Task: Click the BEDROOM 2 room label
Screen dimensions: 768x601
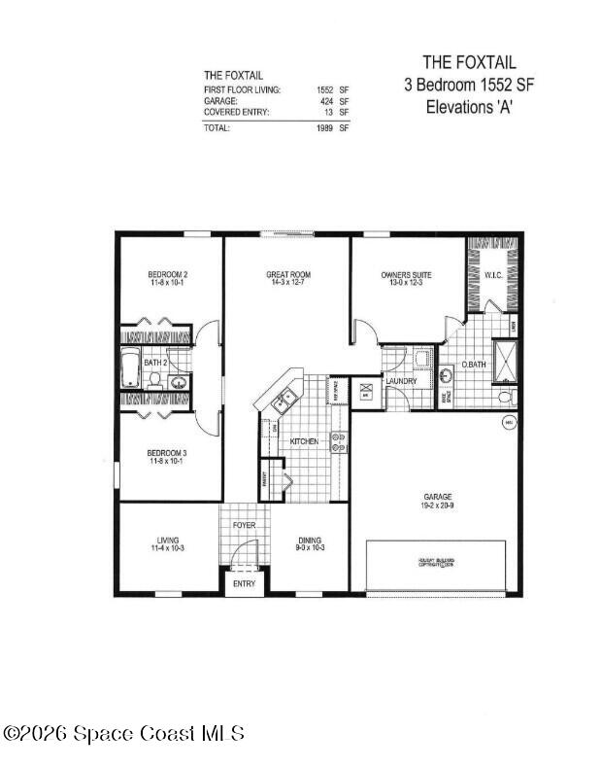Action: (x=168, y=275)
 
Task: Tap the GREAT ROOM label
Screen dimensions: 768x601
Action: (x=288, y=275)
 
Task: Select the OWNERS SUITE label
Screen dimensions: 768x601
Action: (x=406, y=275)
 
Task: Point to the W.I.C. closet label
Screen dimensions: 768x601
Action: (x=493, y=275)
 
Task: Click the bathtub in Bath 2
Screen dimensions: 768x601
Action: (x=132, y=369)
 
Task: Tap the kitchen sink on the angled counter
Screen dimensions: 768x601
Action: (x=284, y=397)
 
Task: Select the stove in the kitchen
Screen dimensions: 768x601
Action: (x=339, y=442)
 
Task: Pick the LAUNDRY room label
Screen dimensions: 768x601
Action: (x=401, y=381)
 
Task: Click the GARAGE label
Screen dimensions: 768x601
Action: (x=438, y=497)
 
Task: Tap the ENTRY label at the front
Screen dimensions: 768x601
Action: (x=244, y=583)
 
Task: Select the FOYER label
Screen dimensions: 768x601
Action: (x=244, y=525)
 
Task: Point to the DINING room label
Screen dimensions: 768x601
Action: (x=310, y=541)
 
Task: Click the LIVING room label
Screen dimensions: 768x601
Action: (x=168, y=541)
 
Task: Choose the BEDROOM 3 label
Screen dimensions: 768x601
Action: (x=167, y=453)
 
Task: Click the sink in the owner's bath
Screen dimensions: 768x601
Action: (x=448, y=375)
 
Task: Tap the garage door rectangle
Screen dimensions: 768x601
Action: (x=437, y=566)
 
